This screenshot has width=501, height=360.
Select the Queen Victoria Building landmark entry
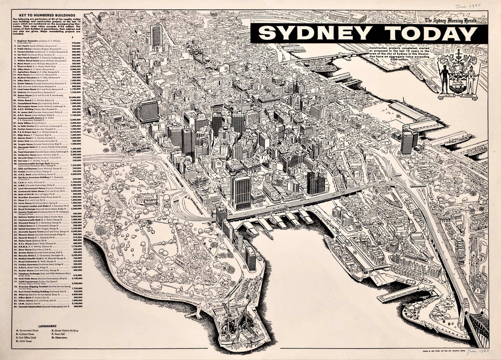(64, 331)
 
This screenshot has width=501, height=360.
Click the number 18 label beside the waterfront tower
(245, 267)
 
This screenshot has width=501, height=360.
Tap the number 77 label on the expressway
(342, 192)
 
